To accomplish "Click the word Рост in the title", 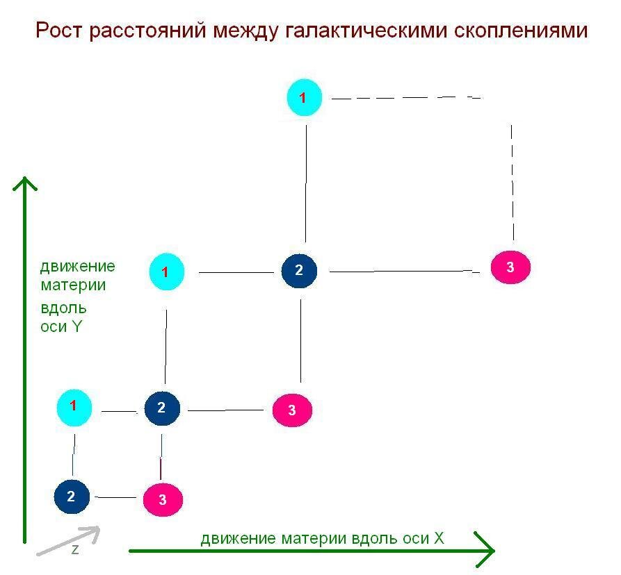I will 58,31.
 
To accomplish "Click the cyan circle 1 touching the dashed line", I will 305,98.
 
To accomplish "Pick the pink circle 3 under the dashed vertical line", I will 510,267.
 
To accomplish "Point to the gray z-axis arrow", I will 68,541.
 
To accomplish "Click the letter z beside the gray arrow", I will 75,549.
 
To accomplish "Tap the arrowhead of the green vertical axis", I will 25,183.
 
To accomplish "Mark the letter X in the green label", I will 439,538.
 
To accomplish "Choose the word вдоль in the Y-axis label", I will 63,306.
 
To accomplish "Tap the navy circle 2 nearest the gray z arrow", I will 71,497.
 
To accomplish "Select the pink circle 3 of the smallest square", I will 163,499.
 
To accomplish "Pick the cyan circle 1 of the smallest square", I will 74,406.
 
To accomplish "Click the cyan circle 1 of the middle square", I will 166,272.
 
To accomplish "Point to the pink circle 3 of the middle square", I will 292,410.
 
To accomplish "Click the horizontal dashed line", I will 406,98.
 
